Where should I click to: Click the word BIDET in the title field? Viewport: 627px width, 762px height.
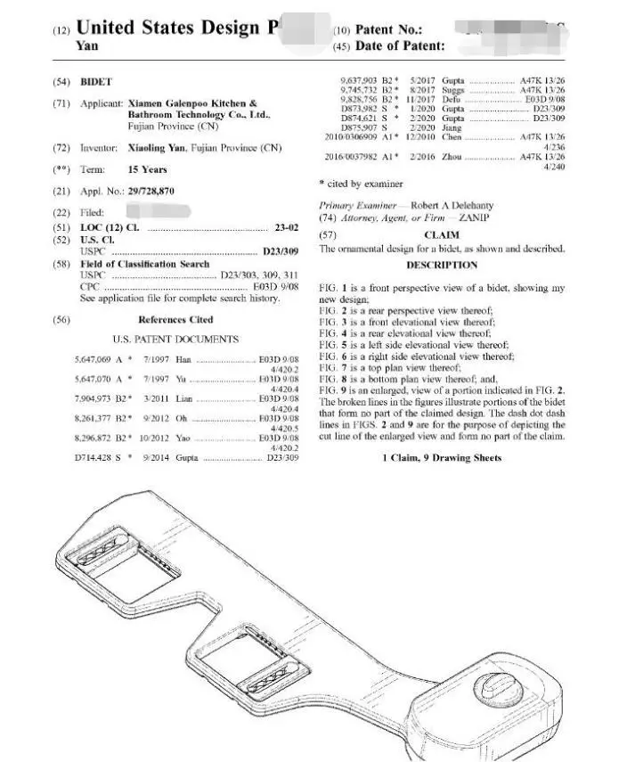click(x=96, y=82)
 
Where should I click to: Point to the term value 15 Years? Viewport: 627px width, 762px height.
click(x=147, y=169)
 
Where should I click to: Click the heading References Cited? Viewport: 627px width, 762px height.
click(x=175, y=319)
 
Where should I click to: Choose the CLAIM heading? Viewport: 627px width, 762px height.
click(x=442, y=235)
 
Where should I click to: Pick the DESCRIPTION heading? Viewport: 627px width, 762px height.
click(x=442, y=265)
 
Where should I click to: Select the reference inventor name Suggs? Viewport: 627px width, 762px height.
click(x=452, y=90)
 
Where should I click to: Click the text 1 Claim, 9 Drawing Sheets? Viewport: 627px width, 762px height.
click(x=442, y=458)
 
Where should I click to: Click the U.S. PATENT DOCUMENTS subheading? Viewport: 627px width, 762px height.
click(x=175, y=340)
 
